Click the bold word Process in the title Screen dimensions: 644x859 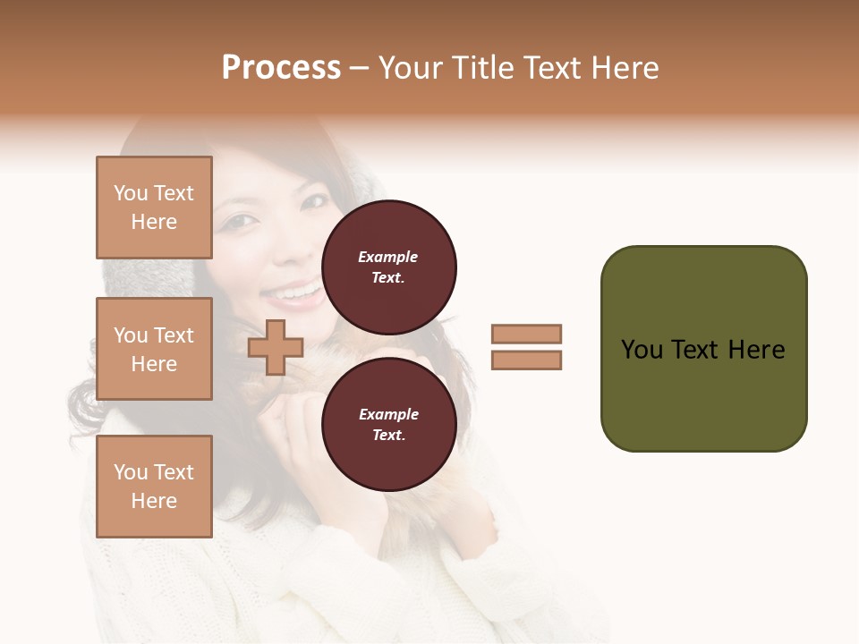[281, 68]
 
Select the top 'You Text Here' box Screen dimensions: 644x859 [154, 208]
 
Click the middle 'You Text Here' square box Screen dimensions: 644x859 [154, 349]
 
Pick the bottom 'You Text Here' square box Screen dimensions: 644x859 [154, 486]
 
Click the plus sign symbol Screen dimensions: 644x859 [276, 347]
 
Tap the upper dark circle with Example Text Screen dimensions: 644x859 [388, 267]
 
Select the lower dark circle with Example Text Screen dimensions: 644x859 [388, 425]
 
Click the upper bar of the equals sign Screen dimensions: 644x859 [526, 335]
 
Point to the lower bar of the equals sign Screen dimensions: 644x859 [526, 360]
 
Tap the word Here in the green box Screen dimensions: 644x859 [756, 349]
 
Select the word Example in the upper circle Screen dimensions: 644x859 [388, 257]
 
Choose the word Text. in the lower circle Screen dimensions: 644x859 [388, 436]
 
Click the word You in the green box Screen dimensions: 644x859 [642, 349]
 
